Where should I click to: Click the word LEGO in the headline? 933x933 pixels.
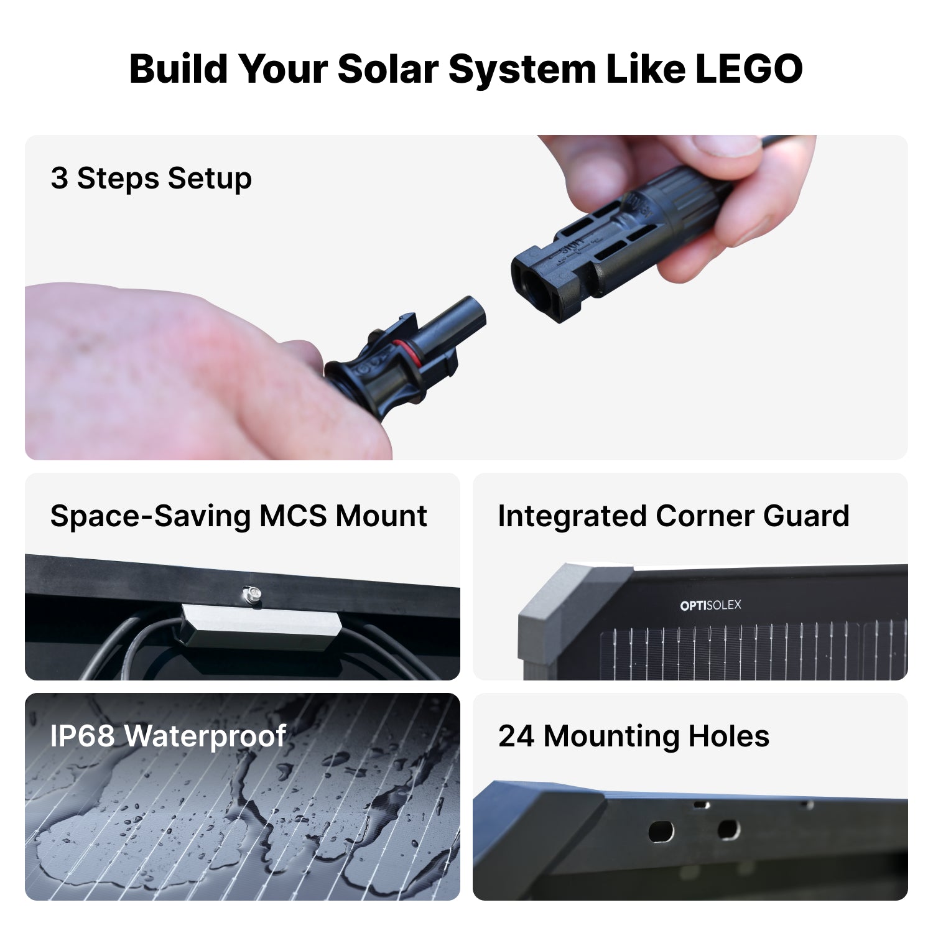coord(748,68)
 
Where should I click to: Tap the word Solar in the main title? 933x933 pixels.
coord(388,68)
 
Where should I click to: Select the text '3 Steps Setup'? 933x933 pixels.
coord(151,179)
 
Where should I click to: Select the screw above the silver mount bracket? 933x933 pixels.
coord(251,592)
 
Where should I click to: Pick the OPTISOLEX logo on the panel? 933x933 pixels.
coord(710,605)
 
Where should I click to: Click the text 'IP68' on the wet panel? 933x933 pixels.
coord(82,736)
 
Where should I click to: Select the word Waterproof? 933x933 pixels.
coord(205,736)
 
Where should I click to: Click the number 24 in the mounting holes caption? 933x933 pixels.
coord(516,736)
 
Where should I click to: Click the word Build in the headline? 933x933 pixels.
coord(178,68)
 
